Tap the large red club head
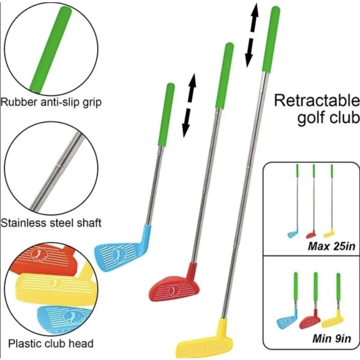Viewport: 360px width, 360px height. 173,286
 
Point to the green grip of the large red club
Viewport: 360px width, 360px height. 224,76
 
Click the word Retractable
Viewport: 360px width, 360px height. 317,101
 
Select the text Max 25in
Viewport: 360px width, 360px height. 332,247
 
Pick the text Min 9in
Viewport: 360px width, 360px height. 331,339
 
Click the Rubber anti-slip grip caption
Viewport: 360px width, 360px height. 51,102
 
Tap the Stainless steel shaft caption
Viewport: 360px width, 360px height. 51,222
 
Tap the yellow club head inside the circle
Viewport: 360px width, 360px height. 54,284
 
